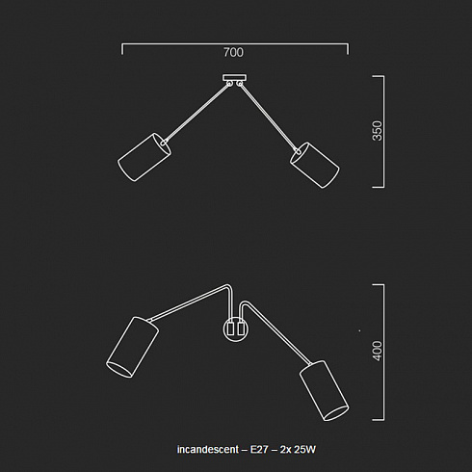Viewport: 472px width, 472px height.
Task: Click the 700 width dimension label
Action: coord(233,52)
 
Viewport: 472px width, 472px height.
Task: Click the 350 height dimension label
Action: coord(378,131)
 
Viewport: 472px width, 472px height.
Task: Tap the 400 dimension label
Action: coord(378,351)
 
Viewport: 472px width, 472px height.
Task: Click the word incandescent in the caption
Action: coord(208,449)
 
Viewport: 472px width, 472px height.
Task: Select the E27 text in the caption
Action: coord(259,449)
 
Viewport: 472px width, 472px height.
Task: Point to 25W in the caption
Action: coord(305,449)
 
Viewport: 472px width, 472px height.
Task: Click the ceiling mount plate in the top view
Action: coord(235,78)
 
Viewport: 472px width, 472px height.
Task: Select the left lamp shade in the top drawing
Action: coord(144,157)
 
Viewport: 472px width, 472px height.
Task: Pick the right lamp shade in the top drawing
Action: coord(315,165)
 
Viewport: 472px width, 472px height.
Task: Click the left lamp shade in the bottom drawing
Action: coord(132,347)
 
